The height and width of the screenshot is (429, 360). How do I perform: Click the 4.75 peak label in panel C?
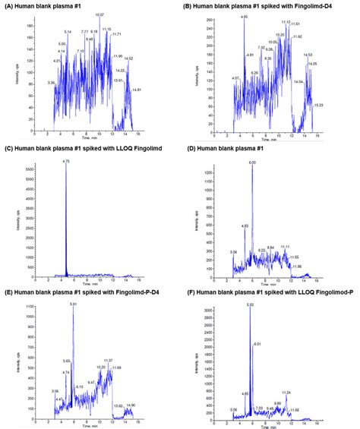(x=65, y=161)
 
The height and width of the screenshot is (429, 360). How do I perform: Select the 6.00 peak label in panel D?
(x=251, y=162)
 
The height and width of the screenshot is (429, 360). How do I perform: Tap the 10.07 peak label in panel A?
(x=99, y=15)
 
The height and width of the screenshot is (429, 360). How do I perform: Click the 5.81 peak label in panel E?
(x=73, y=304)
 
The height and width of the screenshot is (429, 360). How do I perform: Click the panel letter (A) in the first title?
(x=9, y=5)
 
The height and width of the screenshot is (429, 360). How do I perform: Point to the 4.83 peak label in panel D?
(x=244, y=226)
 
